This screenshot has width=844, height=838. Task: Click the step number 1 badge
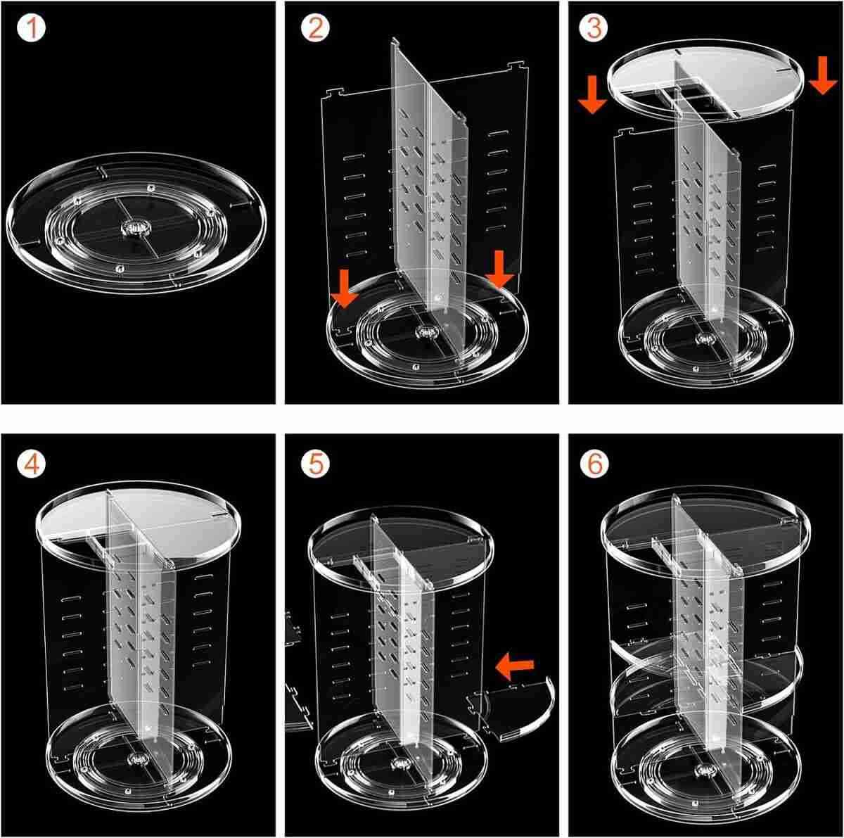tap(31, 27)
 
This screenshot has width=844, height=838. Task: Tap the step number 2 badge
tap(316, 27)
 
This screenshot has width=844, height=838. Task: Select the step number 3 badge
tap(594, 27)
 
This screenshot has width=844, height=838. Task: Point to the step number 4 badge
tap(31, 464)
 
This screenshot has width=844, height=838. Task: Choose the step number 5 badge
tap(316, 464)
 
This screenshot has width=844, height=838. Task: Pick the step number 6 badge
tap(594, 464)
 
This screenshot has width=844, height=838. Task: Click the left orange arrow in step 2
tap(345, 288)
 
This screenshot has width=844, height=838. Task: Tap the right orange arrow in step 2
tap(499, 269)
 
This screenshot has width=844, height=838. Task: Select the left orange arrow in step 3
tap(592, 94)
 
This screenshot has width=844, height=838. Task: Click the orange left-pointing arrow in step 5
tap(514, 671)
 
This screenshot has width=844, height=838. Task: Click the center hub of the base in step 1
tap(136, 228)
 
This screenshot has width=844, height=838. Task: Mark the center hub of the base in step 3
tap(704, 338)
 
